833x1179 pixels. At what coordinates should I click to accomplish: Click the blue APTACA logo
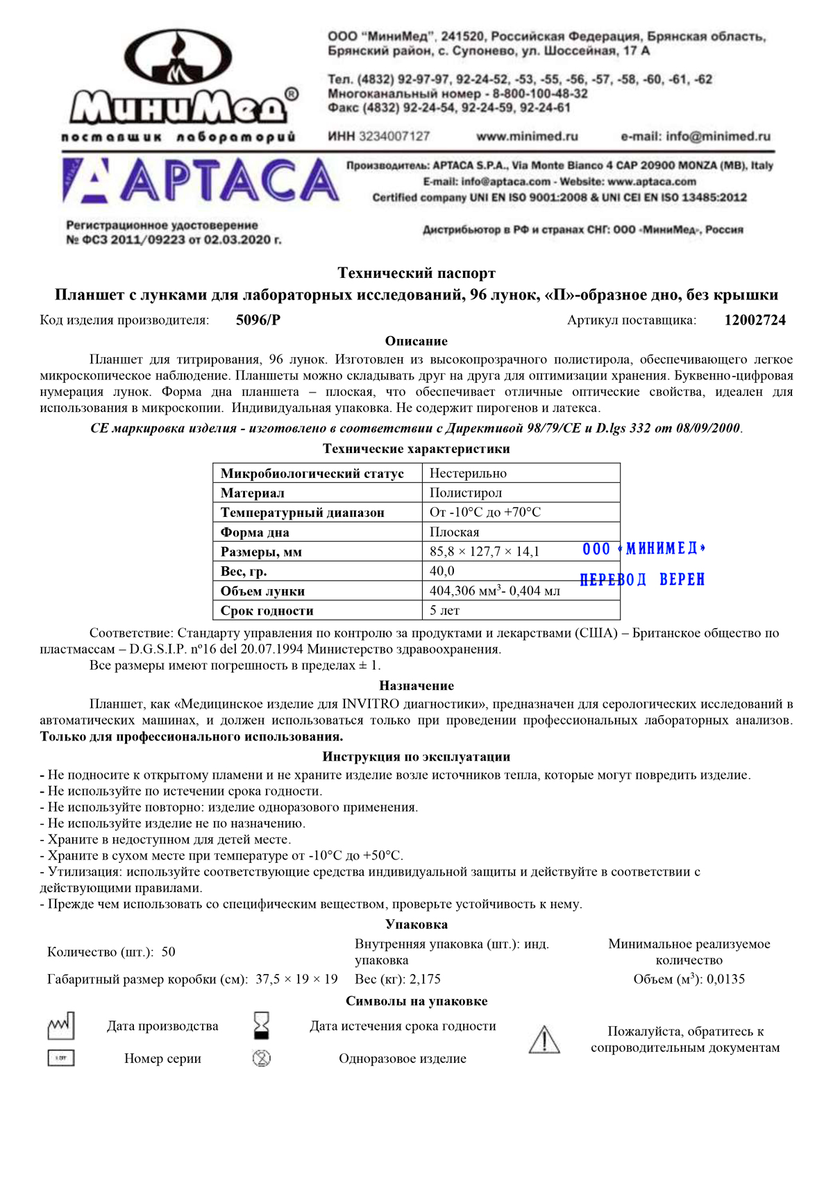(201, 181)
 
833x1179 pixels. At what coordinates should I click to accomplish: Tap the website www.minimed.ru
(527, 137)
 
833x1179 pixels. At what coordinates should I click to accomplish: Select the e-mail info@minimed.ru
(696, 137)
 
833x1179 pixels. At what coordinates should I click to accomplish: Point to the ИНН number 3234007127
(394, 137)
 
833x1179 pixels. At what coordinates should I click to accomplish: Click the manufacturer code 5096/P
(258, 320)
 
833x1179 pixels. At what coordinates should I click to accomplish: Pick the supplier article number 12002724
(755, 320)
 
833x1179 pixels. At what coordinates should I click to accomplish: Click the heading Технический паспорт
(416, 273)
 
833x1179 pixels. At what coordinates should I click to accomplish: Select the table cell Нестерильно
(469, 474)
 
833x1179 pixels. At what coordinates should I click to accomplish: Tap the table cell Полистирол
(466, 493)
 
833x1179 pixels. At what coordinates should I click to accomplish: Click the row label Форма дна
(255, 533)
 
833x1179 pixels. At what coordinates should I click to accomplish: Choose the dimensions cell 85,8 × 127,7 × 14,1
(485, 552)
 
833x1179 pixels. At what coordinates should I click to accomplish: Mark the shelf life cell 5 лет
(444, 611)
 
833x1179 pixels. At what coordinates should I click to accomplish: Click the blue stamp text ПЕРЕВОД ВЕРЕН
(642, 579)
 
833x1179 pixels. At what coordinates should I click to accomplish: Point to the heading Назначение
(416, 686)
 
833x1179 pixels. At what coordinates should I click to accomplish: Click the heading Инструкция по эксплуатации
(416, 757)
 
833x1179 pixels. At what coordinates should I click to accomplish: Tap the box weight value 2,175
(425, 979)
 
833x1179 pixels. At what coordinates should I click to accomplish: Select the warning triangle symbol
(544, 1039)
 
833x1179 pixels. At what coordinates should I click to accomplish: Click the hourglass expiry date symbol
(262, 1025)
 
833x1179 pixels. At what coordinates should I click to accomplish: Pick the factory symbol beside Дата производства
(61, 1025)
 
